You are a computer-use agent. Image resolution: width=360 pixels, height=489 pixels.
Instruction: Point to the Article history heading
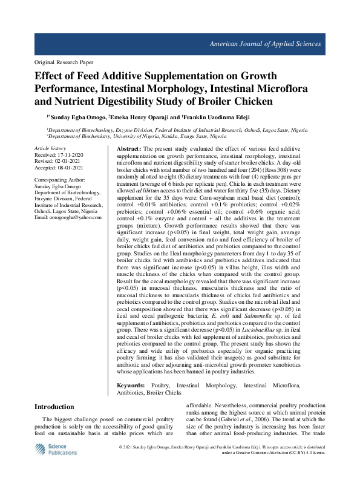50,148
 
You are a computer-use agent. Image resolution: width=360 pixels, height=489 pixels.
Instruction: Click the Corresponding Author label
59,181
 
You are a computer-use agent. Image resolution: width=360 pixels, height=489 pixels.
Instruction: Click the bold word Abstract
128,149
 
